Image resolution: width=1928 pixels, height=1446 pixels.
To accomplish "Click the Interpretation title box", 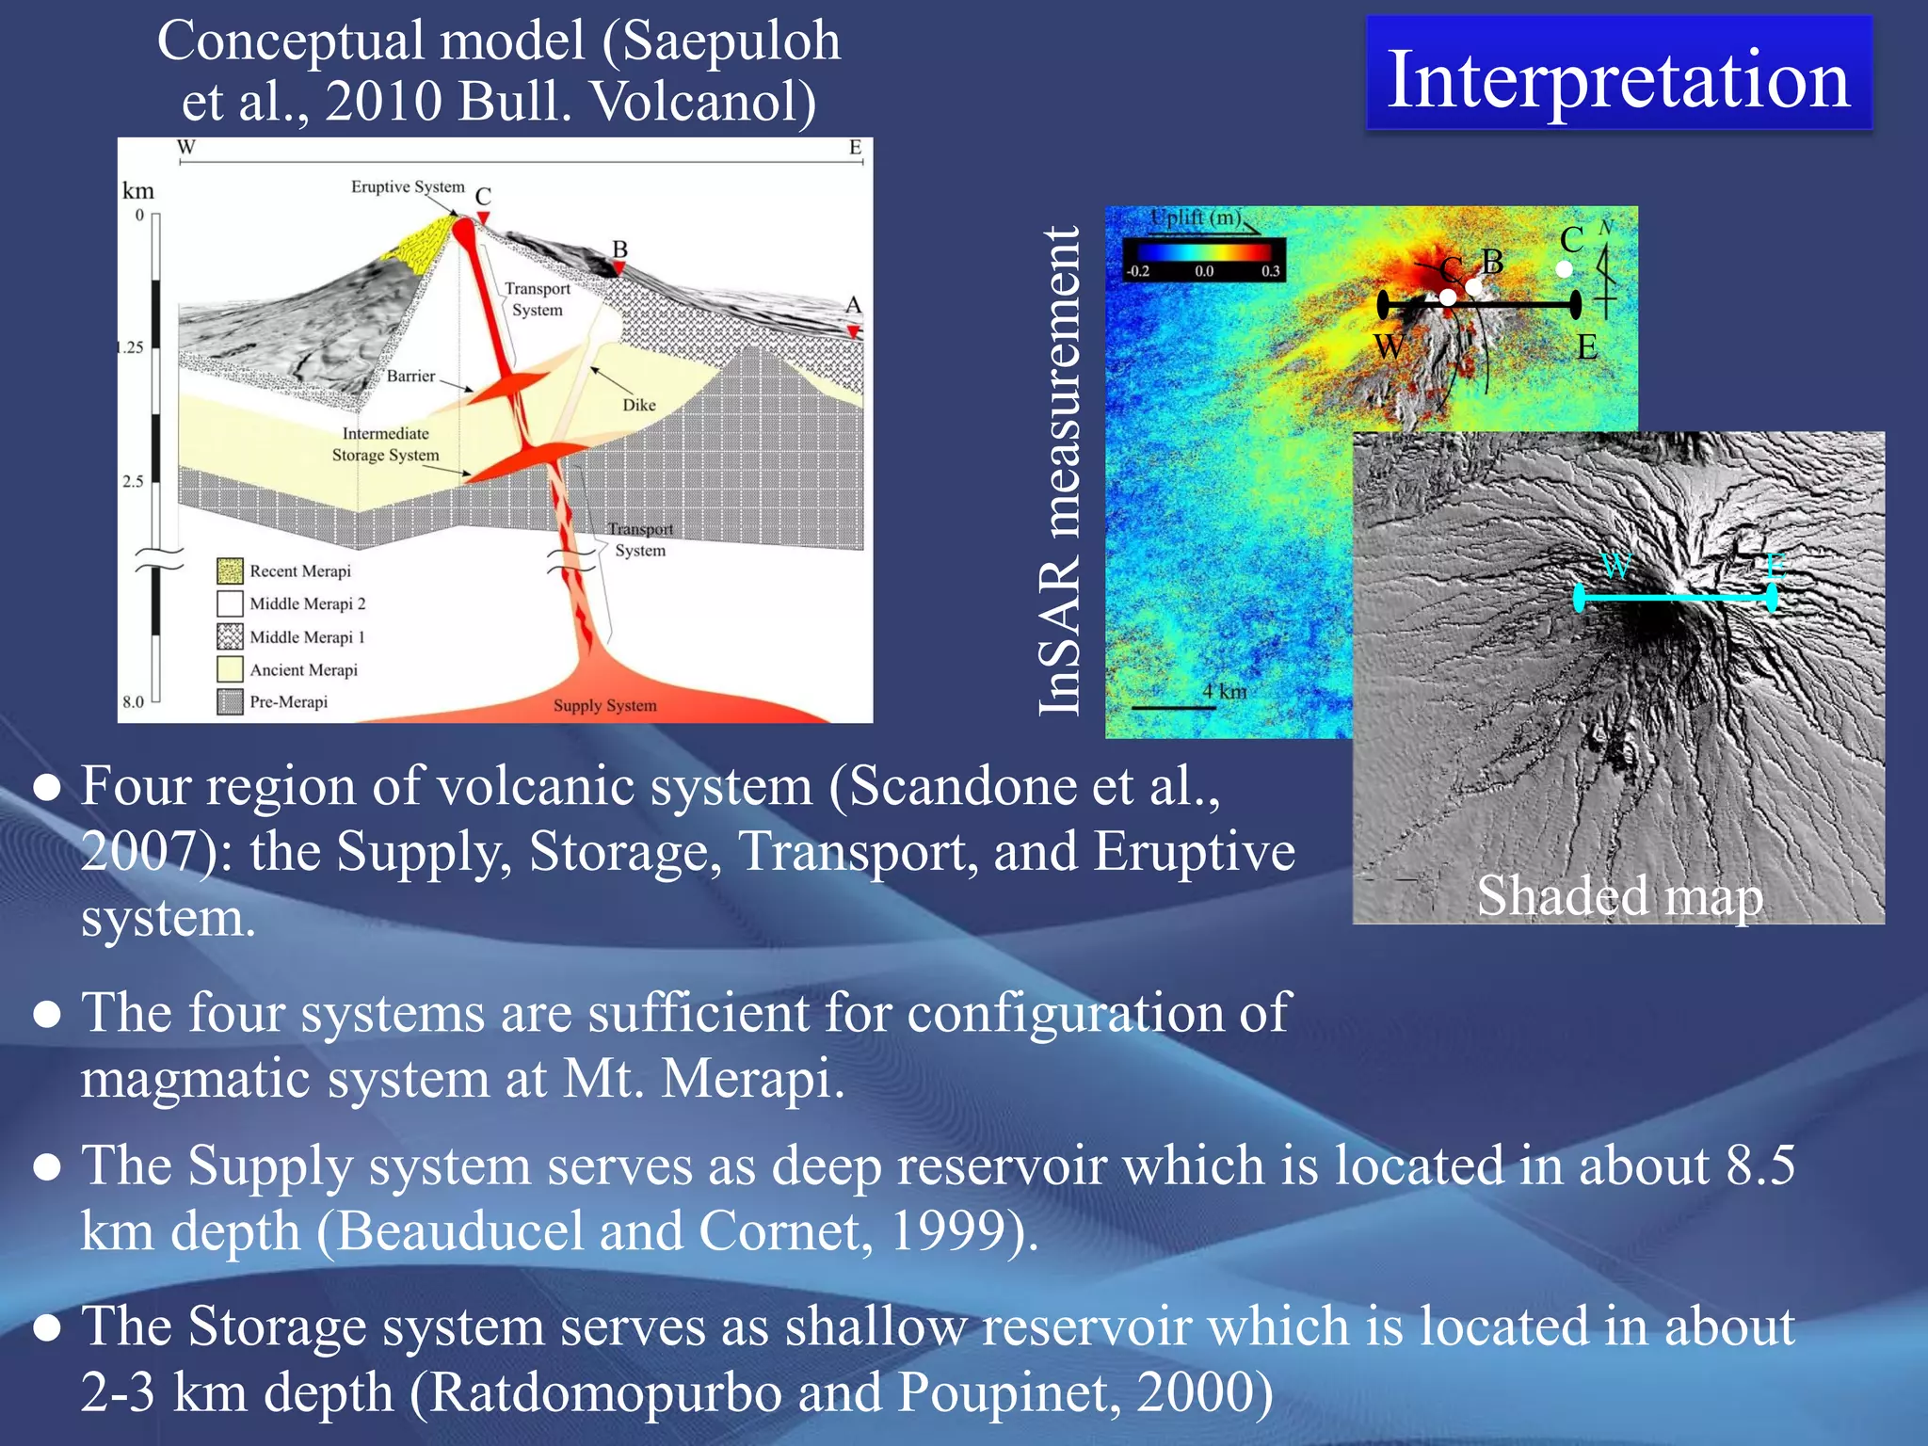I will tap(1618, 74).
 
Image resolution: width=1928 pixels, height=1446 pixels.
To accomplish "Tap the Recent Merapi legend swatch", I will tap(230, 570).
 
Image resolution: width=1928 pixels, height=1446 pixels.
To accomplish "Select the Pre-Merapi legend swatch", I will tap(230, 701).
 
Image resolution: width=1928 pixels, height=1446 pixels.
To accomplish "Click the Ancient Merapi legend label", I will tap(303, 670).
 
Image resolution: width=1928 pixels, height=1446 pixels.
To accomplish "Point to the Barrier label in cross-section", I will tap(411, 377).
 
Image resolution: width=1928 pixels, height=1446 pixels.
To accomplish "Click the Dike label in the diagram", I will tap(638, 406).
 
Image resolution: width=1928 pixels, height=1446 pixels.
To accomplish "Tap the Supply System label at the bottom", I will tap(604, 706).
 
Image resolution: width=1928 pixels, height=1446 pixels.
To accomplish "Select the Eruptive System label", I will tap(408, 187).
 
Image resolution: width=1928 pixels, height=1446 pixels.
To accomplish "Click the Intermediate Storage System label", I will tap(385, 444).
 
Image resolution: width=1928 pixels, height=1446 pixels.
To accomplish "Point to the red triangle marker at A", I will tap(853, 331).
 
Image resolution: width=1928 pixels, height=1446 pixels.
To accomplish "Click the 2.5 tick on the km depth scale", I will tap(133, 481).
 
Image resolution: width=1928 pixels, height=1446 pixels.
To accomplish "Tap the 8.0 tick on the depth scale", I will tap(133, 701).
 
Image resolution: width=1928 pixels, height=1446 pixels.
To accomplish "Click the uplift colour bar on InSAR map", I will tap(1203, 251).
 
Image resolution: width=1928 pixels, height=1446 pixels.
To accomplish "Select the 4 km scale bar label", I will tap(1224, 691).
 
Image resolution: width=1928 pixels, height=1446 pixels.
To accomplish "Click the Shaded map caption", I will tap(1618, 895).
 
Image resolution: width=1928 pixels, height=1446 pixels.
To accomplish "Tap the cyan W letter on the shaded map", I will tap(1615, 566).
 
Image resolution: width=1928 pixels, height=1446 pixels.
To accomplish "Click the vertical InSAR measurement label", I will tap(1059, 471).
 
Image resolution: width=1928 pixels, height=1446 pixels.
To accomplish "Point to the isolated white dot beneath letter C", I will tap(1564, 269).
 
